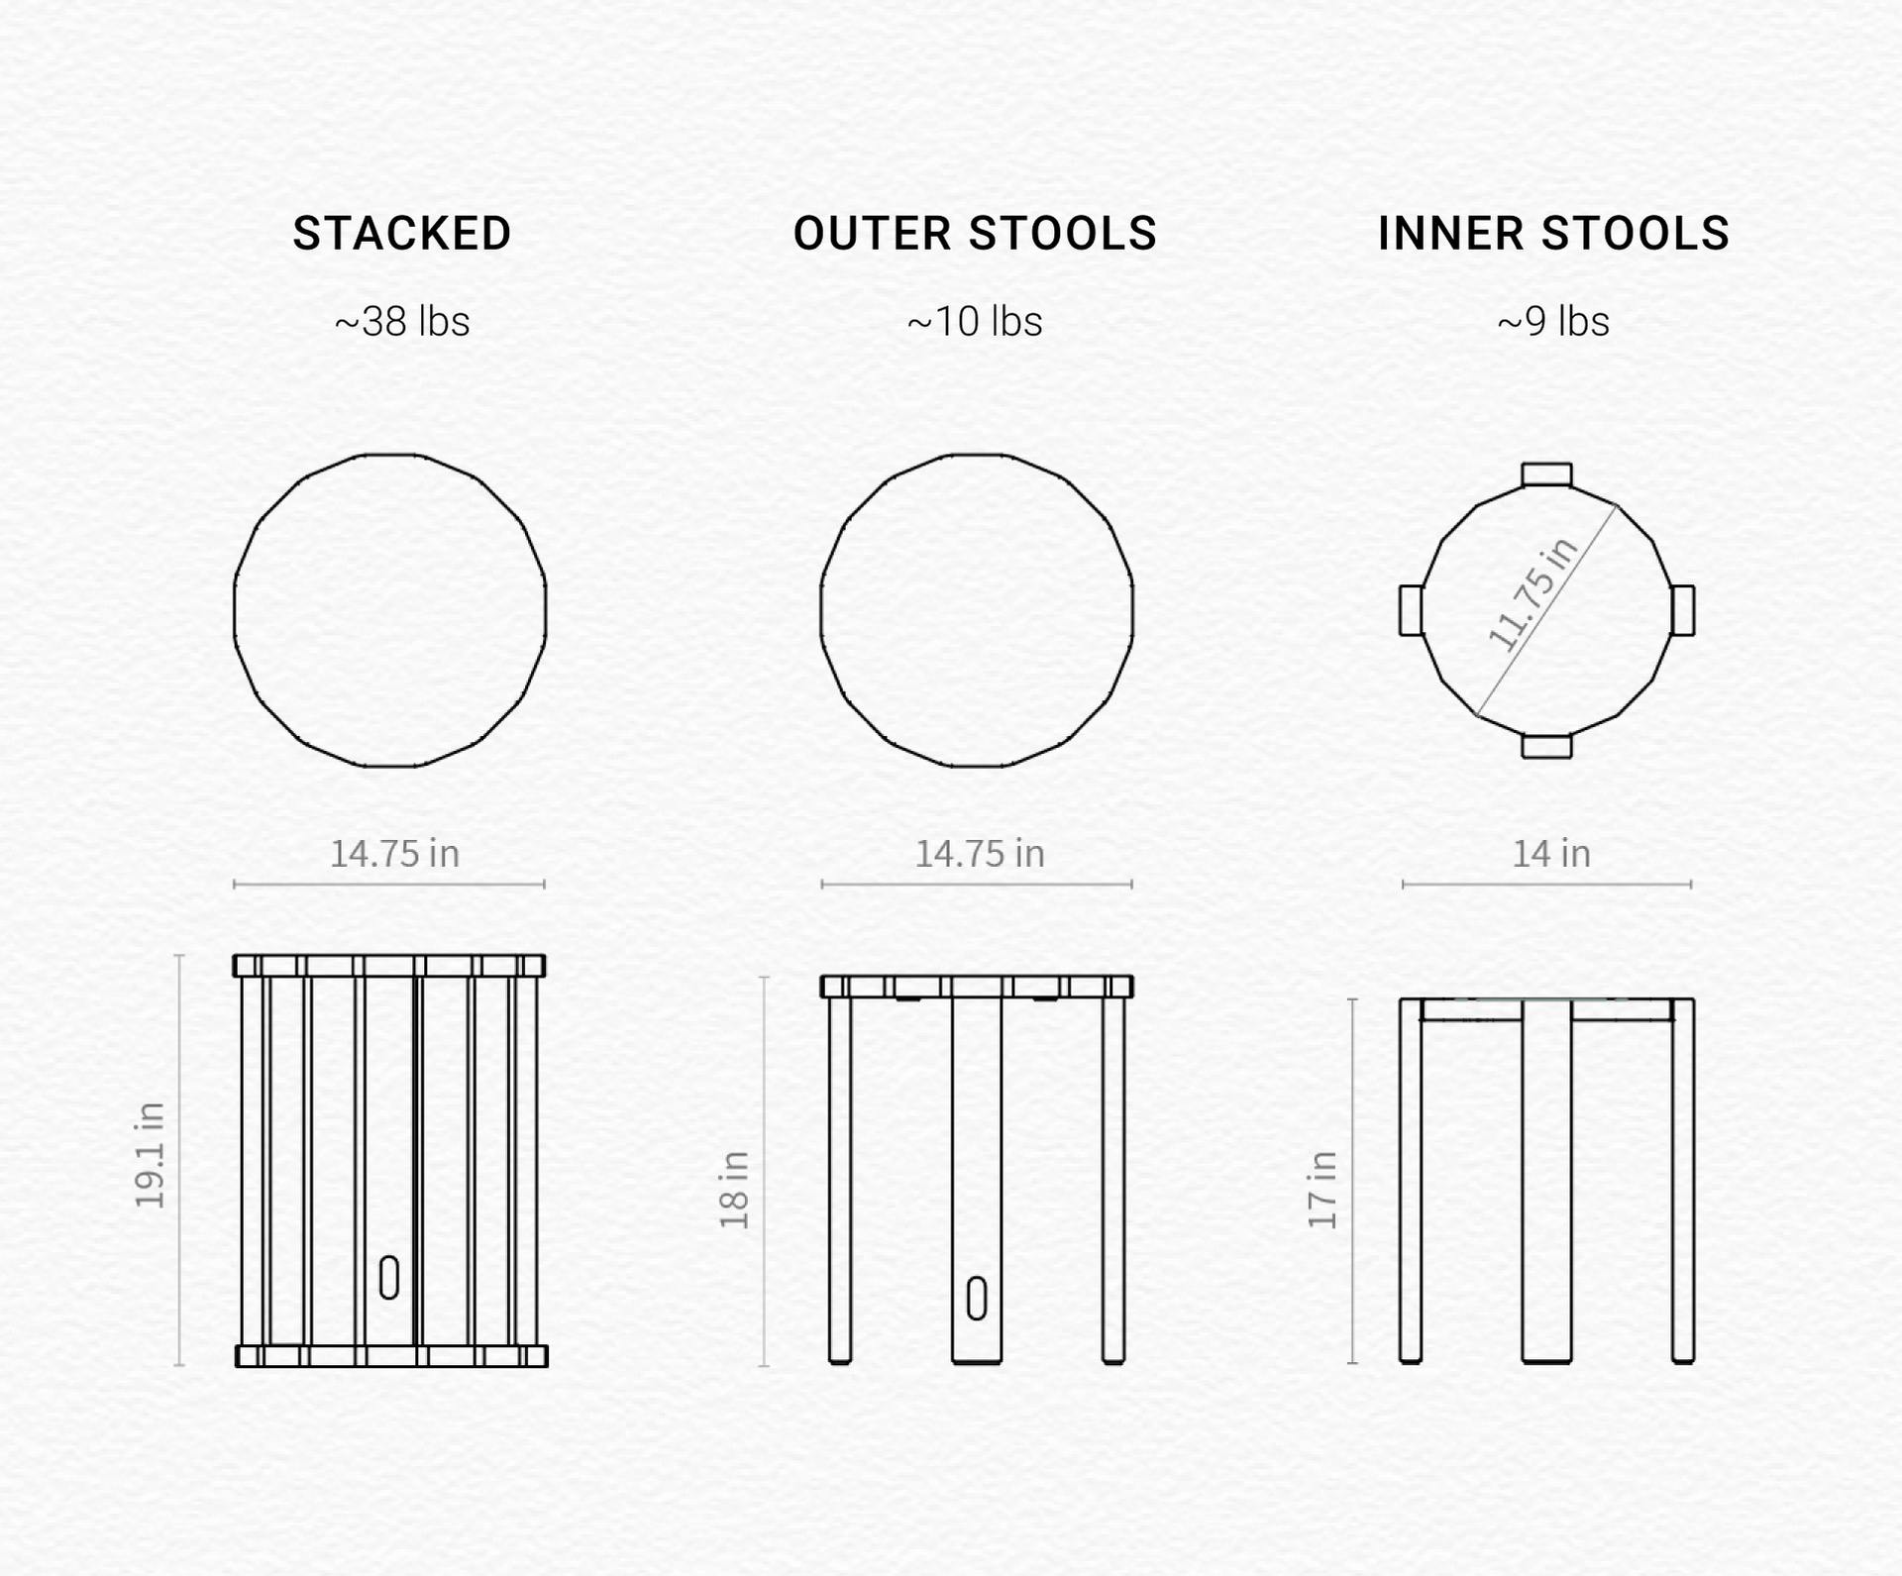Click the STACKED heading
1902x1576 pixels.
pos(402,234)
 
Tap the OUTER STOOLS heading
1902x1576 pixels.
pos(975,234)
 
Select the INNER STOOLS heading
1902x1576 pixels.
pos(1553,234)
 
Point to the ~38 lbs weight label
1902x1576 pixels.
pos(402,321)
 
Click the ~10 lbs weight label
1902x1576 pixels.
pos(975,321)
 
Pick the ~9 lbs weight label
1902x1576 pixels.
pos(1553,321)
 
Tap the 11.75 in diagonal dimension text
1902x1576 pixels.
pos(1532,594)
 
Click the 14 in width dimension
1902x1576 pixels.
pos(1551,854)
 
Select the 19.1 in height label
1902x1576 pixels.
pos(151,1155)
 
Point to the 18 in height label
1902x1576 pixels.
pos(735,1190)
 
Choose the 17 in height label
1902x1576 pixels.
pos(1322,1190)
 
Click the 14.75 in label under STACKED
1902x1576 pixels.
pos(394,854)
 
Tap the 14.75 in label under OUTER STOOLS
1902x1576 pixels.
pos(980,854)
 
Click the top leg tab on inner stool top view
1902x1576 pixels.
pos(1546,473)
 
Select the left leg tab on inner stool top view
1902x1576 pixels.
pos(1411,610)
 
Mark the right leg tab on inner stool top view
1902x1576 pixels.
pos(1683,610)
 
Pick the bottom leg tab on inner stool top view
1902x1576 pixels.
pos(1546,746)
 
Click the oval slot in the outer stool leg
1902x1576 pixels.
pos(977,1299)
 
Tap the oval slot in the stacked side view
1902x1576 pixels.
pos(389,1277)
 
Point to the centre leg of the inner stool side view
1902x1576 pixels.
pos(1546,1181)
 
